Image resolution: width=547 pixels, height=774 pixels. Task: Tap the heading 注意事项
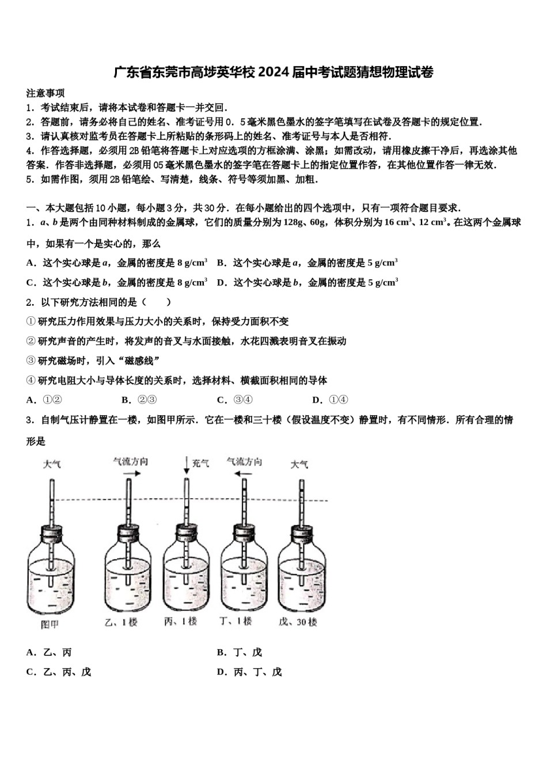click(x=45, y=93)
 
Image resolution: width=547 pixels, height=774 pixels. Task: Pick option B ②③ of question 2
click(x=139, y=400)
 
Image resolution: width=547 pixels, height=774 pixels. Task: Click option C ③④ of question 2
click(x=235, y=400)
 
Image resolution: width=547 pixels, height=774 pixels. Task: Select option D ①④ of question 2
click(x=331, y=400)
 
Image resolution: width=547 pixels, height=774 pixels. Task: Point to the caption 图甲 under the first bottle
click(x=50, y=624)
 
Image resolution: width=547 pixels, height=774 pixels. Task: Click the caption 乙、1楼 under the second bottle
click(x=121, y=623)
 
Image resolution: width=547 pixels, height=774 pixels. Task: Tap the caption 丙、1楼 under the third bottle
click(x=181, y=622)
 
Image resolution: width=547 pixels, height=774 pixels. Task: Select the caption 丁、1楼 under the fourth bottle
click(x=236, y=621)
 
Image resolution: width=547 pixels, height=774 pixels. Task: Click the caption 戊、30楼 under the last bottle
click(x=298, y=623)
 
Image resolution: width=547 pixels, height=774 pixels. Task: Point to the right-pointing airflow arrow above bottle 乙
click(x=131, y=473)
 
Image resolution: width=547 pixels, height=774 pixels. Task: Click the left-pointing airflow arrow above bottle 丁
click(x=242, y=474)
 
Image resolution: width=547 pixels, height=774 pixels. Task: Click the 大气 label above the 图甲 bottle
click(x=52, y=464)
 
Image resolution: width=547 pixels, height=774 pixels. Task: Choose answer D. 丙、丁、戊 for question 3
click(x=250, y=672)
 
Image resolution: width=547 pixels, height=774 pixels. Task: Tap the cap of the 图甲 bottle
click(x=51, y=533)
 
